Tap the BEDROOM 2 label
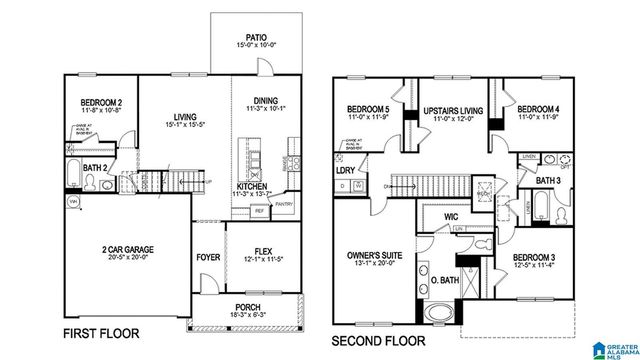coord(100,103)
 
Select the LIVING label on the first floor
coord(184,116)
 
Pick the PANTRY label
coord(284,204)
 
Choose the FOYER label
coord(207,257)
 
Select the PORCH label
coord(247,307)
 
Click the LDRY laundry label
coord(345,171)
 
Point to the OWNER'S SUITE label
coord(373,256)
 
